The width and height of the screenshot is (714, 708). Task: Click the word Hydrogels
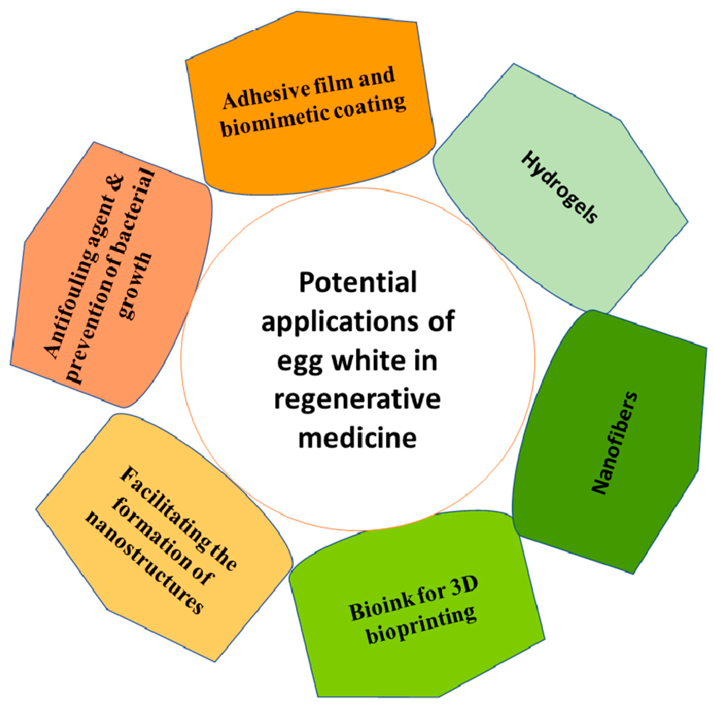click(x=559, y=187)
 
